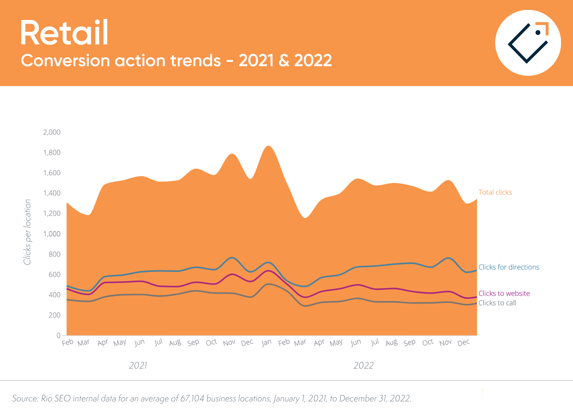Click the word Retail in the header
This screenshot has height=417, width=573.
[64, 33]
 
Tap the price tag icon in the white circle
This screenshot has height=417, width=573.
[528, 43]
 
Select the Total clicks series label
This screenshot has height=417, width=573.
[495, 192]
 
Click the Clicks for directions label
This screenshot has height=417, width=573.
[509, 267]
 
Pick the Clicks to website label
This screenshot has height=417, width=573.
[504, 293]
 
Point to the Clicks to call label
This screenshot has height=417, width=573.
[497, 303]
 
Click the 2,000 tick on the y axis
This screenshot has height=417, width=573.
[52, 132]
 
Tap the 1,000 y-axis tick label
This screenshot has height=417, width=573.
[52, 234]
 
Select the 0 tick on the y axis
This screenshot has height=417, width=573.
[59, 335]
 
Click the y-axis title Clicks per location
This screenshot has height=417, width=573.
[27, 232]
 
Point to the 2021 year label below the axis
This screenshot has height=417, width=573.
[138, 365]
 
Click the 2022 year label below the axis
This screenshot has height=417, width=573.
[363, 365]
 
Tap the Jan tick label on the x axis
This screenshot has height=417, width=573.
[266, 343]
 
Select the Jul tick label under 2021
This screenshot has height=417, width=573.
[158, 342]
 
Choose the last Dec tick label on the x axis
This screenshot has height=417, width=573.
[463, 343]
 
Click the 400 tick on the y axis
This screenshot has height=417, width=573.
[54, 295]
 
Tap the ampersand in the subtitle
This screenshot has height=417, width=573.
[284, 60]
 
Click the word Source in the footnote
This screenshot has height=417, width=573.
[25, 398]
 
